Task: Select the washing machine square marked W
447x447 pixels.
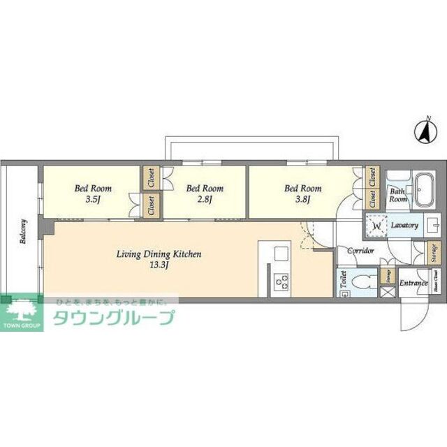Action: [376, 226]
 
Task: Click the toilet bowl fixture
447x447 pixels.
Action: [362, 284]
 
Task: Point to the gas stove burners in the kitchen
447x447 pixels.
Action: [281, 283]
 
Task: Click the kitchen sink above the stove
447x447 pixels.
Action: [281, 252]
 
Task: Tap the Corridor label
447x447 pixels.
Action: [356, 250]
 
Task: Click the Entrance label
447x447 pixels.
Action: [413, 284]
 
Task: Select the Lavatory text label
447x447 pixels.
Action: [404, 226]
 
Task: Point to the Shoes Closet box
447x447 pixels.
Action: [435, 284]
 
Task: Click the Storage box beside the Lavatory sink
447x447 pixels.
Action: [434, 252]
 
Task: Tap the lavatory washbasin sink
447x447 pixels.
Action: [432, 225]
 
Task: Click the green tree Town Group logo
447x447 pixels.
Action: [22, 312]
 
